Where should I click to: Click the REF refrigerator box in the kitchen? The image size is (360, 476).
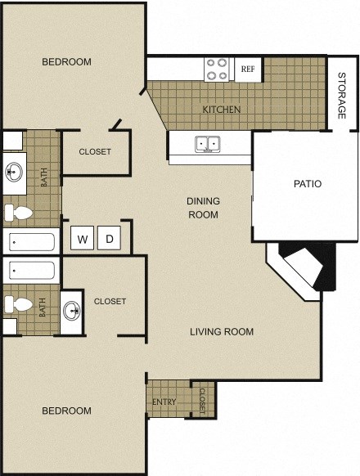coord(247,70)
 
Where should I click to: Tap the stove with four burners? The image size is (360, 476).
coord(217,69)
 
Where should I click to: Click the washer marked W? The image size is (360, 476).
coord(83,239)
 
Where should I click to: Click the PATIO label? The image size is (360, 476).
coord(308,184)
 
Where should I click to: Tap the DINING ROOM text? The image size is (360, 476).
coord(204,208)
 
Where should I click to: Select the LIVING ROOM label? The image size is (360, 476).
coord(222,331)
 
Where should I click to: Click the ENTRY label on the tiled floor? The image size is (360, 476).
coord(164,402)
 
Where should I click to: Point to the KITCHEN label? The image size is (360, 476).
coord(222,109)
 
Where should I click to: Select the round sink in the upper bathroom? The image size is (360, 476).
coord(14,173)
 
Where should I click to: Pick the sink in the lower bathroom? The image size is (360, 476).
coord(73,310)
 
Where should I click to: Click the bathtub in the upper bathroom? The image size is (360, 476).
coord(31,241)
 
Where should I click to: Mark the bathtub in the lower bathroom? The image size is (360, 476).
coord(31,269)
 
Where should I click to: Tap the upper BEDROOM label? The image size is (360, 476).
coord(66,62)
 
